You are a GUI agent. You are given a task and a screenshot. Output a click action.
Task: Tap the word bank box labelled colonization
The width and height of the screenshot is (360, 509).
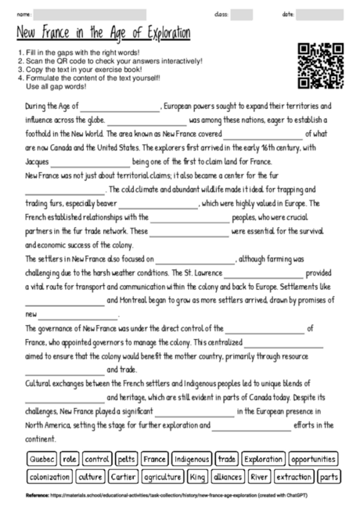[49, 476]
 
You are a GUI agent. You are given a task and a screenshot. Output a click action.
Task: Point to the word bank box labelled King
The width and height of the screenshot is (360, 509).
[198, 476]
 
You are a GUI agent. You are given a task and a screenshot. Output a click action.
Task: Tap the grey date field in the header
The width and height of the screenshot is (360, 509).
[319, 14]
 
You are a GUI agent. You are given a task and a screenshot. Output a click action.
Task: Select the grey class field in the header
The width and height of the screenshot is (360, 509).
[241, 14]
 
